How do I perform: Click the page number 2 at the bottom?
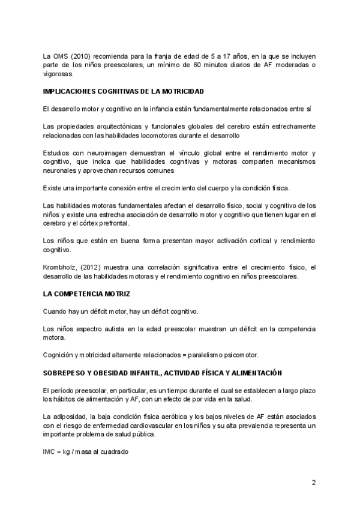(313, 482)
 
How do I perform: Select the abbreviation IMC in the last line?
(50, 451)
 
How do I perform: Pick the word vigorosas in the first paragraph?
(58, 74)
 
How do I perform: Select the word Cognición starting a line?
(58, 355)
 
